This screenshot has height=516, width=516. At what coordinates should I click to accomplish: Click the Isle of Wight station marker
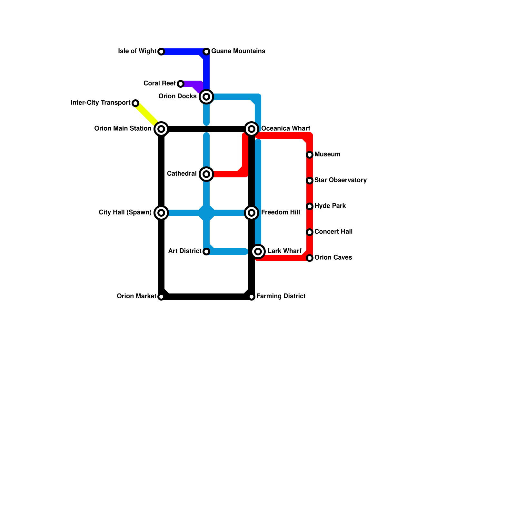coord(161,52)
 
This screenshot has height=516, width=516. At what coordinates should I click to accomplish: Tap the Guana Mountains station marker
coord(206,52)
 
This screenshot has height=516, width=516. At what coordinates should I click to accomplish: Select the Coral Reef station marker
coord(181,84)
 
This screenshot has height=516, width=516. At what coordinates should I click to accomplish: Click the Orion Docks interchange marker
coord(206,96)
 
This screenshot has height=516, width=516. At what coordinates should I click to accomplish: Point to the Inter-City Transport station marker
coord(135,103)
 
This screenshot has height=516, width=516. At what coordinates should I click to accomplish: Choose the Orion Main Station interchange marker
coord(161,129)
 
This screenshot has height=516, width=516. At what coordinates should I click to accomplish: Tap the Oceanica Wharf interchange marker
coord(252,129)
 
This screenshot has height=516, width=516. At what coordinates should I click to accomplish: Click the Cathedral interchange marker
coord(206,174)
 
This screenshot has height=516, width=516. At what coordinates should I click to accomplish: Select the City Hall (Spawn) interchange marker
coord(161,213)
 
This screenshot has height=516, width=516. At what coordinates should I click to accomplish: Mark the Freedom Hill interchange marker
coord(252,213)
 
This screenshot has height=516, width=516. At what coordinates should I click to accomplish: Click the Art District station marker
coord(206,252)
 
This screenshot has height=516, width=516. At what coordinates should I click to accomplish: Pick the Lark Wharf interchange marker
coord(258,251)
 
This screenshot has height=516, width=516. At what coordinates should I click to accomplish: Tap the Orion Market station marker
coord(161,297)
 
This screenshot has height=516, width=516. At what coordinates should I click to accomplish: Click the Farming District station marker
coord(252,297)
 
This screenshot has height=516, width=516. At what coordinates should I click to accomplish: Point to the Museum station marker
coord(310,155)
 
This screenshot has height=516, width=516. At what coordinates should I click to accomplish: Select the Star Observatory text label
coord(340,180)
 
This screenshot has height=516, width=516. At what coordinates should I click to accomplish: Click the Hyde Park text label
coord(330,206)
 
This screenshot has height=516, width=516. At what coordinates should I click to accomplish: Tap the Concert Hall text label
coord(333,232)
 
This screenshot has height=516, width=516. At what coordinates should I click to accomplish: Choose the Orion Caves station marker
coord(310,258)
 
